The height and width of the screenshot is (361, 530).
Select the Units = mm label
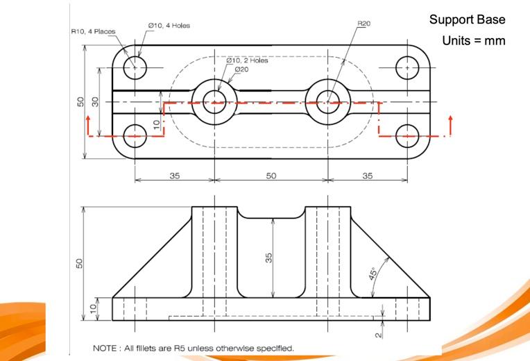tap(473, 41)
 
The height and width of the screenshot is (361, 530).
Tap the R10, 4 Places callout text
tap(93, 31)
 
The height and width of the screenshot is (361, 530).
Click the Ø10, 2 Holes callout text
tap(247, 60)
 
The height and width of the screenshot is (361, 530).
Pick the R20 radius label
tap(364, 24)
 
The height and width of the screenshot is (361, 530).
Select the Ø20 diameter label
tap(241, 69)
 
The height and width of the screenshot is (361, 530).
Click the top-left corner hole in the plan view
tap(135, 68)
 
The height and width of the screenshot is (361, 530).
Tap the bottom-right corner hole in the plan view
tap(407, 136)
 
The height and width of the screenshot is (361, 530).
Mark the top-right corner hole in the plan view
tap(407, 68)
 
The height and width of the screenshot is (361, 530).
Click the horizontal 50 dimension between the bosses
tap(271, 176)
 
